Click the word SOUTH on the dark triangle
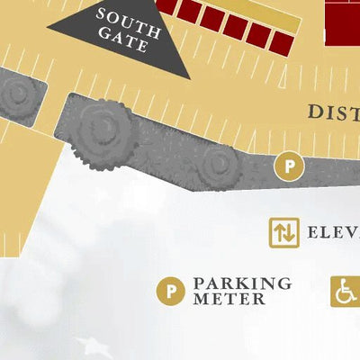tap(129, 19)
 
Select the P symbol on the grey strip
tap(288, 166)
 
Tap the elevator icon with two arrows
tap(284, 231)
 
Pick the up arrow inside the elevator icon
tap(280, 231)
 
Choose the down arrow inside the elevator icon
tap(289, 231)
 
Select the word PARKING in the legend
tap(242, 283)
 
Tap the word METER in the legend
tap(229, 299)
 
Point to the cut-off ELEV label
tap(333, 232)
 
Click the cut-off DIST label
tap(333, 112)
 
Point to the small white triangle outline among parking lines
tap(285, 81)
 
